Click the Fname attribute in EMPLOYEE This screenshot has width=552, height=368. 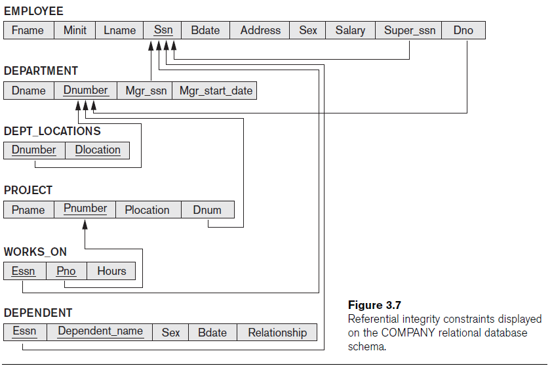(28, 30)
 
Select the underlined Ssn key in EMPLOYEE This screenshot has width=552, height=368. (163, 30)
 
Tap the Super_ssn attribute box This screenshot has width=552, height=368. (409, 30)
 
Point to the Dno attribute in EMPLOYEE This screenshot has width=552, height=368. (463, 30)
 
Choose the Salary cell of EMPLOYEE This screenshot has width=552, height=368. (350, 30)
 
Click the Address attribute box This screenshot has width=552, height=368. (260, 30)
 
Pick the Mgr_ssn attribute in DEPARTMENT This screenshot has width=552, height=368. (146, 91)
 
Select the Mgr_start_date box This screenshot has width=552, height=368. (216, 91)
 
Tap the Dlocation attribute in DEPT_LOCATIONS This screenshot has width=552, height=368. (98, 150)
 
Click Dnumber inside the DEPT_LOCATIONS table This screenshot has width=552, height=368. (34, 150)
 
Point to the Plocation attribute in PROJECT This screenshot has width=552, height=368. (147, 210)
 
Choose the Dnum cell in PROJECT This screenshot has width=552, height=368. (207, 210)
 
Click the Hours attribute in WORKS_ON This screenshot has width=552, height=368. (111, 271)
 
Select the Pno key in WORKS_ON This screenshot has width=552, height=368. (66, 271)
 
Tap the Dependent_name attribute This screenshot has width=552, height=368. (100, 331)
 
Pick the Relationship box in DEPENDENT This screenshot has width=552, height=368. (277, 333)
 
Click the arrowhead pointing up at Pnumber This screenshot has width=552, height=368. (85, 224)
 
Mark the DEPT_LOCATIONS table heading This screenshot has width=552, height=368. (52, 131)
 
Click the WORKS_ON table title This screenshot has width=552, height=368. (35, 252)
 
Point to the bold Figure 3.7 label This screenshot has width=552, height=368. (374, 305)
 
